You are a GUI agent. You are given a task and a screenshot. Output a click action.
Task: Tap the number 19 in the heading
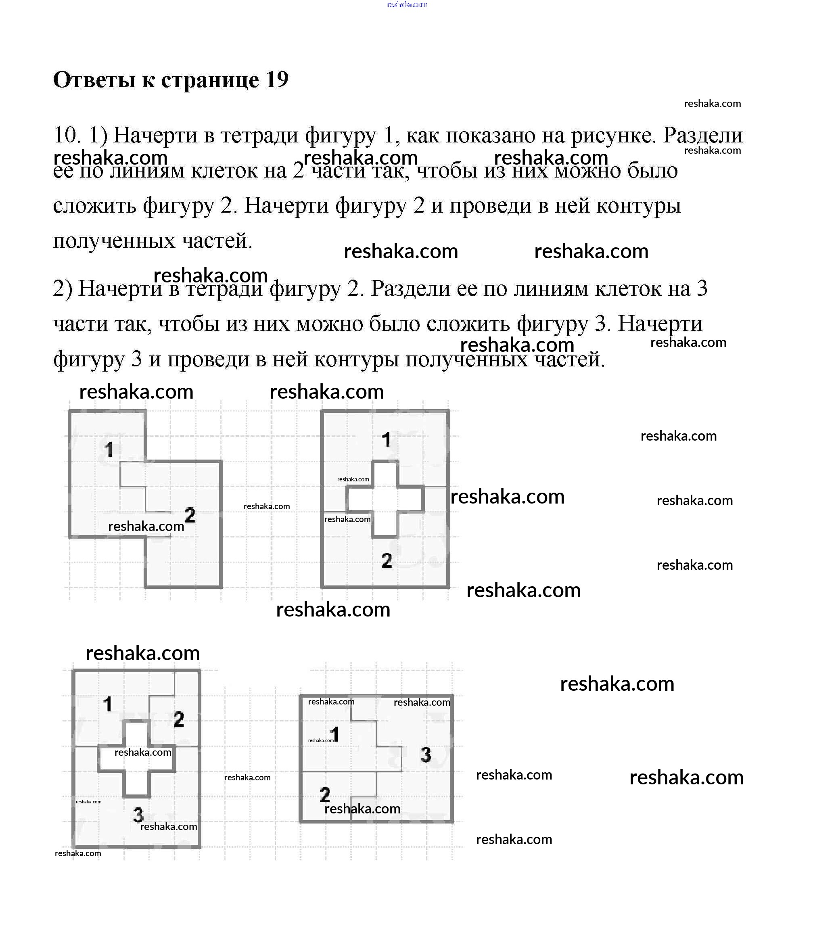point(277,80)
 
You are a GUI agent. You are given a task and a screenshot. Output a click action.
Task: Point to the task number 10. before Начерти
point(67,135)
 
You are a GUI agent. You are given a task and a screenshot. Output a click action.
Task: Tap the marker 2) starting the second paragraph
point(63,288)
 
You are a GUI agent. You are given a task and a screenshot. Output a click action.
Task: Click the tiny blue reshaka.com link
point(407,4)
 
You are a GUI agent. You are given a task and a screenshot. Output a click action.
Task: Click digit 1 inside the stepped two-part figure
point(109,449)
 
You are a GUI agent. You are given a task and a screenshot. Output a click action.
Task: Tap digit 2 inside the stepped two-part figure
point(190,515)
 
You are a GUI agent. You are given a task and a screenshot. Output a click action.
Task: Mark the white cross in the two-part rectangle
point(385,499)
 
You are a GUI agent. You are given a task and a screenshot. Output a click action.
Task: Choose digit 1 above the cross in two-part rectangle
point(386,439)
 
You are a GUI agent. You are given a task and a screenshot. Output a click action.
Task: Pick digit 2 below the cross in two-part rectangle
point(387,560)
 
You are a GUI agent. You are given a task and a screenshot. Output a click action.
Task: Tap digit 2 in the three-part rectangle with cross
point(179,719)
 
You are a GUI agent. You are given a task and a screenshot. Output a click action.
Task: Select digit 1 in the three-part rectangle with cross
point(107,704)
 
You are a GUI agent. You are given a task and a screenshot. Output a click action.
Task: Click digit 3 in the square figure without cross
point(426,754)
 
